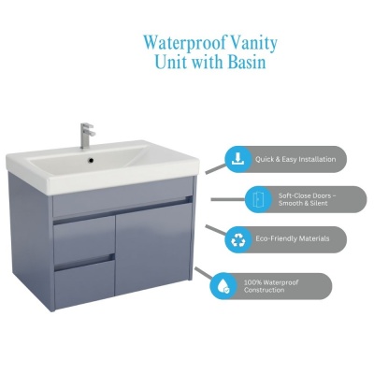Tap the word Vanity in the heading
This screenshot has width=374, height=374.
pyautogui.click(x=252, y=44)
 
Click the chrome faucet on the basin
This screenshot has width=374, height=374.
pyautogui.click(x=87, y=136)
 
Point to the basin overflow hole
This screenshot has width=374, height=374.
pyautogui.click(x=91, y=160)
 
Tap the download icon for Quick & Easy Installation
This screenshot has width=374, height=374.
pyautogui.click(x=238, y=159)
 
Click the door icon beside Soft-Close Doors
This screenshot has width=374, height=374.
pyautogui.click(x=258, y=199)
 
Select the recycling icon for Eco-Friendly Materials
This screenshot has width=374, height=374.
pyautogui.click(x=238, y=239)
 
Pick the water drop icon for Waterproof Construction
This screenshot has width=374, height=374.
pyautogui.click(x=223, y=286)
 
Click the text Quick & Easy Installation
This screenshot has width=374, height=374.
pyautogui.click(x=295, y=159)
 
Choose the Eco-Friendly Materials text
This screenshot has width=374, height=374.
pyautogui.click(x=293, y=238)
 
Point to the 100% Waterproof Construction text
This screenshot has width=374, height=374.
pyautogui.click(x=271, y=286)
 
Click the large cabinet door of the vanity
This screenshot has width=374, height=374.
pyautogui.click(x=153, y=249)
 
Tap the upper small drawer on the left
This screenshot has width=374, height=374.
pyautogui.click(x=83, y=240)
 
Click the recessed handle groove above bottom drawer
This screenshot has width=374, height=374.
pyautogui.click(x=85, y=263)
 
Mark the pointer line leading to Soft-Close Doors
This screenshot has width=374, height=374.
pyautogui.click(x=228, y=199)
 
